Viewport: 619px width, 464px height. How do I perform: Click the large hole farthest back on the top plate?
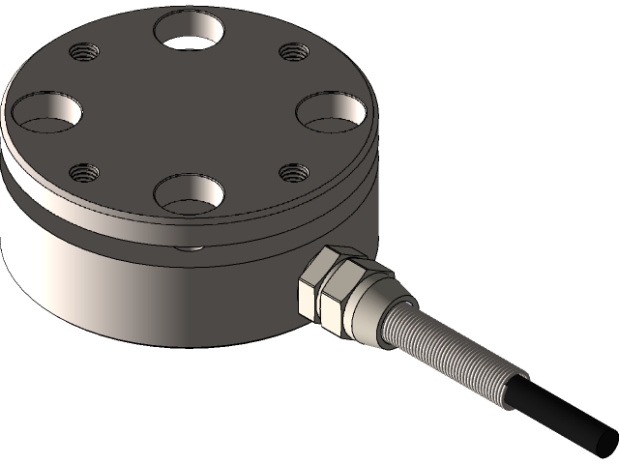[191, 30]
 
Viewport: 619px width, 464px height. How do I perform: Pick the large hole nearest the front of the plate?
[189, 193]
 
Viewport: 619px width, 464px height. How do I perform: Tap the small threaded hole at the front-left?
[84, 173]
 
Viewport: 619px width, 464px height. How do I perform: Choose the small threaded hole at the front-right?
[293, 172]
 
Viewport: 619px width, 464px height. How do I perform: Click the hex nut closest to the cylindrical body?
[319, 285]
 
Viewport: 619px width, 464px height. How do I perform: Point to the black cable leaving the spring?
[561, 411]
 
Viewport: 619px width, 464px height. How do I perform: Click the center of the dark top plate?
[189, 111]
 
